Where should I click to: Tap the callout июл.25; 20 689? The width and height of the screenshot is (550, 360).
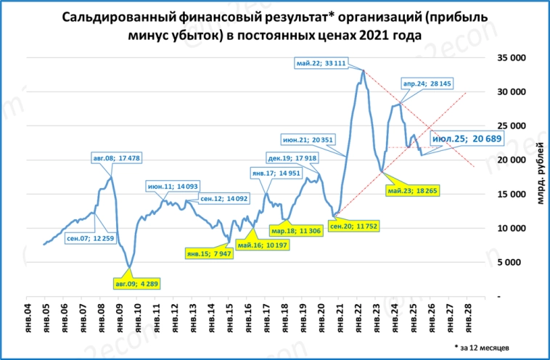click(467, 138)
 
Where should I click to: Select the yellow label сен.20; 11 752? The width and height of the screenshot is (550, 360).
click(353, 226)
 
